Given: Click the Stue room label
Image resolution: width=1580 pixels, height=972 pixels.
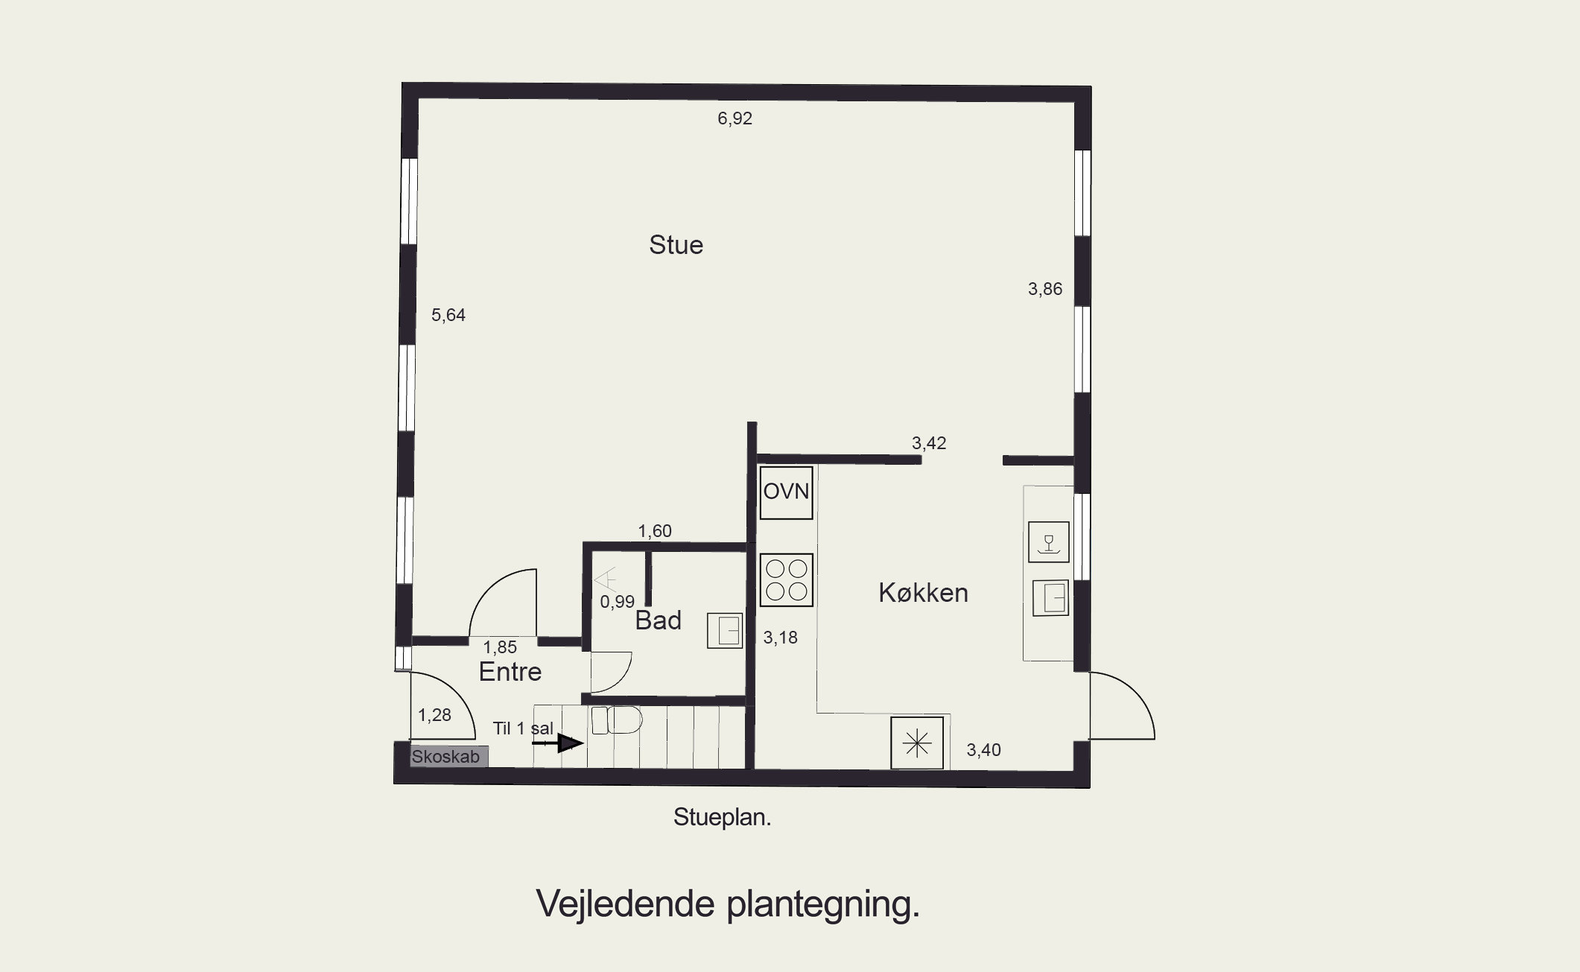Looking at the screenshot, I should pos(676,245).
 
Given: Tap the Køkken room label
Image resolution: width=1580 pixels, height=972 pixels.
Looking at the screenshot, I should pos(923,593).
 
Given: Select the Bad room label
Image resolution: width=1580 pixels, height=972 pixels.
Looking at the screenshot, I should pos(658,620).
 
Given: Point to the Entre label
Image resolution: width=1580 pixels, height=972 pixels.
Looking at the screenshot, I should pos(510,672).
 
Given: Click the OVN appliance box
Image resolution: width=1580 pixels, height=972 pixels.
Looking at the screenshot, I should pos(786,492).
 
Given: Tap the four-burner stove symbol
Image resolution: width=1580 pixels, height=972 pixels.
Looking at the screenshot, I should pos(787,580).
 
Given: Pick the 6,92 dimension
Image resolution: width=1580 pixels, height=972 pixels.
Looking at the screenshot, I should pos(735,118).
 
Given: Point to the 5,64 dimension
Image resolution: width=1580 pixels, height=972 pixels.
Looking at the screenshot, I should pos(448,315).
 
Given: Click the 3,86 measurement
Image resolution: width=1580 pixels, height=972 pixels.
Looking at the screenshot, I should pos(1045,289).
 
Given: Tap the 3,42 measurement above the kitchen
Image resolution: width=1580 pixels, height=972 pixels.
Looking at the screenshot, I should pos(929,443).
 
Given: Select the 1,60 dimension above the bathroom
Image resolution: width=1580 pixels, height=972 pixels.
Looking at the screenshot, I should pos(655,531).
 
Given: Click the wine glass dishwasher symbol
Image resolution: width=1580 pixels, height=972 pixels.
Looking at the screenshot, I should pos(1049,541).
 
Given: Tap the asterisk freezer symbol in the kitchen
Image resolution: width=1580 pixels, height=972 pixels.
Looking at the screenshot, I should pos(917,743).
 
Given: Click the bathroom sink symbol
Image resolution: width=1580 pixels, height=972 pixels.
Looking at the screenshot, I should pos(725,631).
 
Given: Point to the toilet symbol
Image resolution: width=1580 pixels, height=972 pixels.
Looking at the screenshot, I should pos(618,720).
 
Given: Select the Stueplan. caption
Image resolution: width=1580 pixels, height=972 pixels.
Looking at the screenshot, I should pos(722,817).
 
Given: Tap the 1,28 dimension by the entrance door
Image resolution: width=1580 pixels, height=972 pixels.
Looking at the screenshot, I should pos(434,716).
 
